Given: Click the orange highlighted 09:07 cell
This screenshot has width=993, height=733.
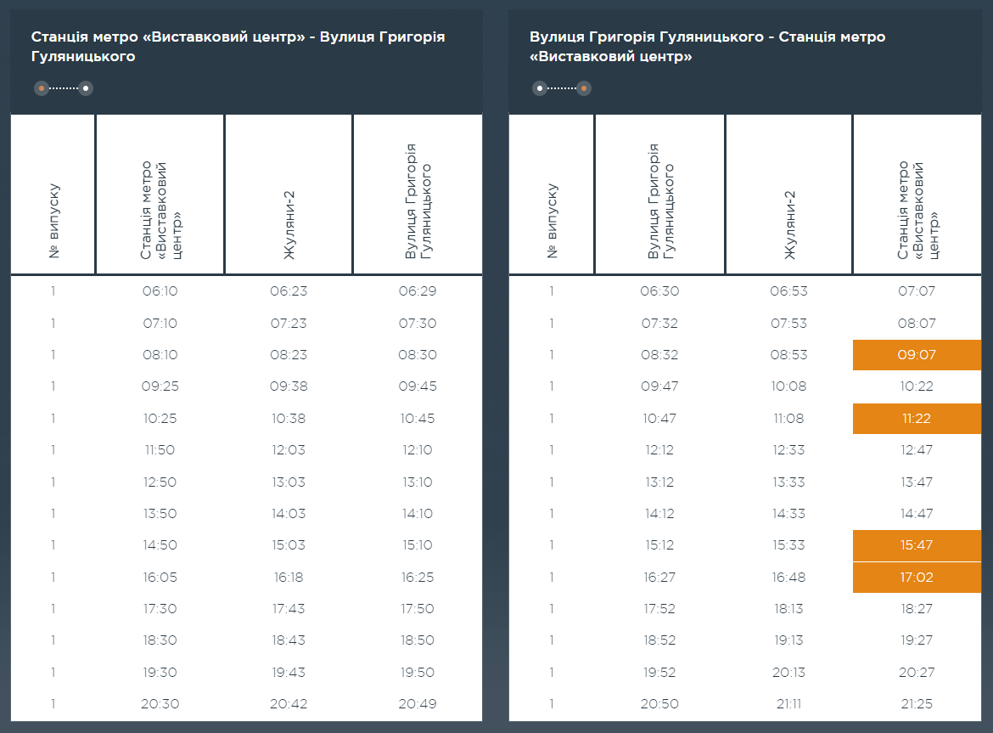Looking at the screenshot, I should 916,355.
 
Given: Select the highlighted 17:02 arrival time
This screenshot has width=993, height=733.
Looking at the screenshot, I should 916,578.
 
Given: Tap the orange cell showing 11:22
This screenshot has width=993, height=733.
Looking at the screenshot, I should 916,419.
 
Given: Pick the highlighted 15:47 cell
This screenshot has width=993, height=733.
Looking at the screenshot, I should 916,545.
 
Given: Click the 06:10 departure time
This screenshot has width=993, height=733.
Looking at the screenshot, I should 160,291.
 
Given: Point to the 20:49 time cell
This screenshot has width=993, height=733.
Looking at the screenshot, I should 417,704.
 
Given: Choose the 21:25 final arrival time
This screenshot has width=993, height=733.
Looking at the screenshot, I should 916,704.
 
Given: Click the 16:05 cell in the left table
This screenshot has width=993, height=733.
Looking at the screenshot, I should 160,578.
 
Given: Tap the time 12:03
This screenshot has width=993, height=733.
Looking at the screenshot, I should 288,450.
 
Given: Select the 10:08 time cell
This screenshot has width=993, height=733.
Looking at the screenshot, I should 788,386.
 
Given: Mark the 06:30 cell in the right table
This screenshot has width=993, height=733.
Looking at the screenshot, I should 659,291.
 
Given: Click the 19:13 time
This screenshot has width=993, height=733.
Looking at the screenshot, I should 788,640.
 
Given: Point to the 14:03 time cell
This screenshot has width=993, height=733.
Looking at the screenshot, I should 288,514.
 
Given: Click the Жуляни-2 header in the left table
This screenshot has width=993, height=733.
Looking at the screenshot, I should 288,226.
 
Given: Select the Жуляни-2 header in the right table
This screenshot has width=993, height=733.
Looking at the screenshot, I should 788,226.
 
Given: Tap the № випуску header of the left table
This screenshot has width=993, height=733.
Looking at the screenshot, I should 54,221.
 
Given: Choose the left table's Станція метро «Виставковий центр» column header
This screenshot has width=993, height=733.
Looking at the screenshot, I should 160,210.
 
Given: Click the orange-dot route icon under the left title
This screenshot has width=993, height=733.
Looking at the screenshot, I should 63,88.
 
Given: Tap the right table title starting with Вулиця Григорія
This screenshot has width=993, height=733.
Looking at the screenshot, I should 707,48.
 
